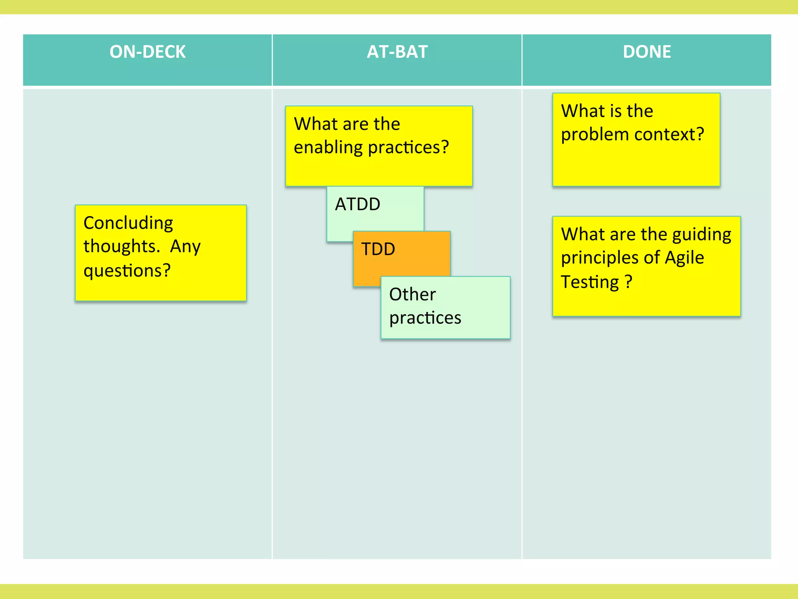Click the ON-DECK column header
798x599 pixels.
click(x=147, y=52)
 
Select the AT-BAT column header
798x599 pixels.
click(x=397, y=52)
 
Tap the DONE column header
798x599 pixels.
click(x=647, y=52)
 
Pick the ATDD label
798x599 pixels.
click(x=358, y=204)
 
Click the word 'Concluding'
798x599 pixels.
click(x=128, y=223)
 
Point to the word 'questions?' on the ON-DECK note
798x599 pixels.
click(x=127, y=271)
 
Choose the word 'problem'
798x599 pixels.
click(x=595, y=135)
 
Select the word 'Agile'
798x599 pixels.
click(x=684, y=258)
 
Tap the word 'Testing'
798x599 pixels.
click(x=590, y=282)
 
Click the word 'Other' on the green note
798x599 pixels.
click(x=412, y=294)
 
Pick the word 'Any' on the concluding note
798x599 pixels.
click(x=185, y=247)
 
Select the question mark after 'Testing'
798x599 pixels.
click(x=628, y=282)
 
